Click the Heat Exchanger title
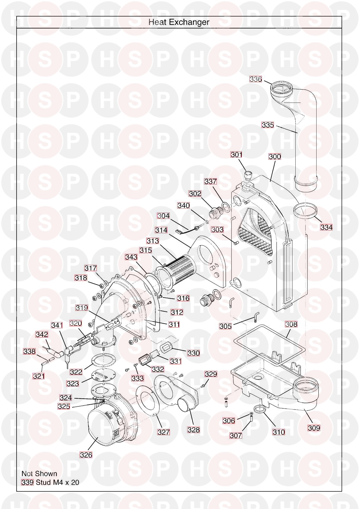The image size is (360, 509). point(179,22)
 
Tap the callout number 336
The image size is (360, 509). point(256,79)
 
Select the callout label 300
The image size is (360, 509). point(275,157)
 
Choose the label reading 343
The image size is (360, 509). point(131,257)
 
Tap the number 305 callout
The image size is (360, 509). point(225,326)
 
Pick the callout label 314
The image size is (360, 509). point(161,230)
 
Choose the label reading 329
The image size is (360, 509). point(211,374)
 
